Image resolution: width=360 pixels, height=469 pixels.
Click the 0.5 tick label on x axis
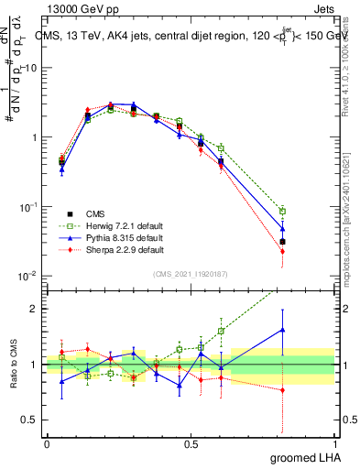191,443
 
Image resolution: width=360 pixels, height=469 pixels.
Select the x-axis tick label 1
334,443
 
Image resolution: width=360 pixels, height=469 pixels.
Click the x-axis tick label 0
47,443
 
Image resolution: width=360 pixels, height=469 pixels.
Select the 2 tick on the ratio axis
33,309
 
